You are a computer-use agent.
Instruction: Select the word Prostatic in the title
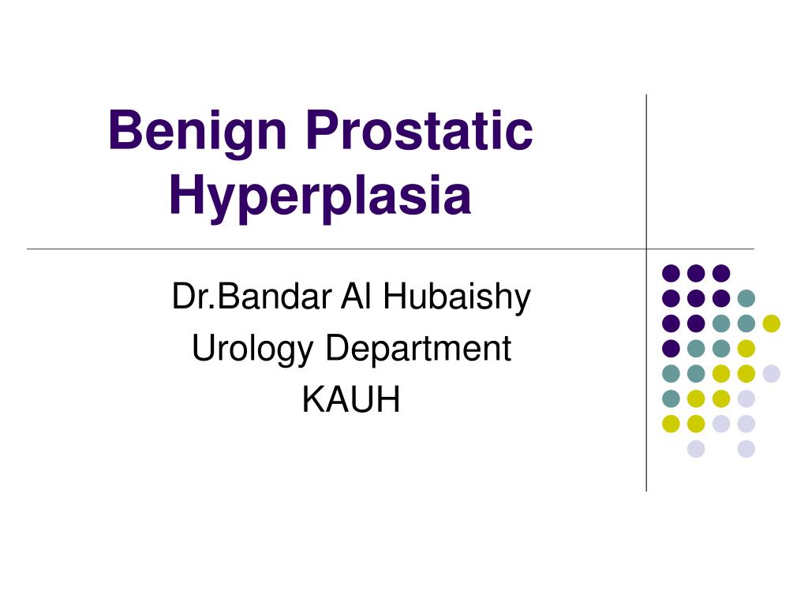coord(419,131)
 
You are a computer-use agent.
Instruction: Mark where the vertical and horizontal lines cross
coord(646,249)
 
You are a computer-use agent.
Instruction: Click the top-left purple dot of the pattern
coord(671,273)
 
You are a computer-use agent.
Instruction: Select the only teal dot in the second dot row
coord(746,298)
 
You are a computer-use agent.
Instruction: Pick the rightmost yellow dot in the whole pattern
coord(771,323)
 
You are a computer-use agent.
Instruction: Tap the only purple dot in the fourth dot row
coord(671,348)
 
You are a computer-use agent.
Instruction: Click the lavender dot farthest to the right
coord(771,373)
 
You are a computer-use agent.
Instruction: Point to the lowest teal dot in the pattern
coord(671,398)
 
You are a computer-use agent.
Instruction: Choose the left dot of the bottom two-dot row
coord(696,449)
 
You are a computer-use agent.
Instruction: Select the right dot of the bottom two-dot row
coord(746,449)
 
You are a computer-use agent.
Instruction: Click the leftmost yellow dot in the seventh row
coord(671,424)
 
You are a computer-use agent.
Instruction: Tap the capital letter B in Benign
coord(122,131)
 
